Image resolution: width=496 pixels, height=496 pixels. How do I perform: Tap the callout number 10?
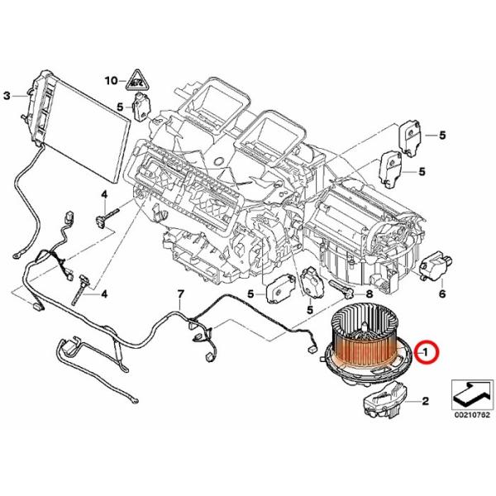112,80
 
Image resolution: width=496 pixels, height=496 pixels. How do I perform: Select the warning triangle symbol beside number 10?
134,81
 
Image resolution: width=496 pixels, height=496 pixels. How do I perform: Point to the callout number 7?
179,295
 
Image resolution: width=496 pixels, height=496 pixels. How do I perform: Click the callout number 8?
369,293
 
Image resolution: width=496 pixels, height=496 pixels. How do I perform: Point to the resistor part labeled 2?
380,404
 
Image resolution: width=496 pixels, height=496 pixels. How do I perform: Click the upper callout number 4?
105,194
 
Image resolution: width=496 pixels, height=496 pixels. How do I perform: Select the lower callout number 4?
104,293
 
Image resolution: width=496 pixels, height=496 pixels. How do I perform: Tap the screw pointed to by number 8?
341,289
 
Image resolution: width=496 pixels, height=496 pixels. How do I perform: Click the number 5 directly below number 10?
120,107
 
